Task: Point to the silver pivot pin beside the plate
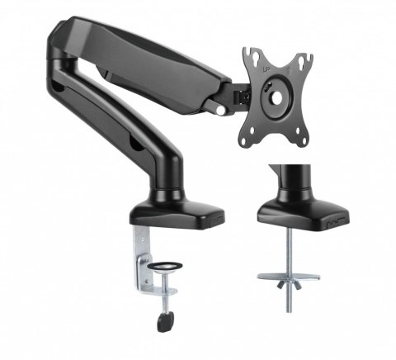point(221,107)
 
